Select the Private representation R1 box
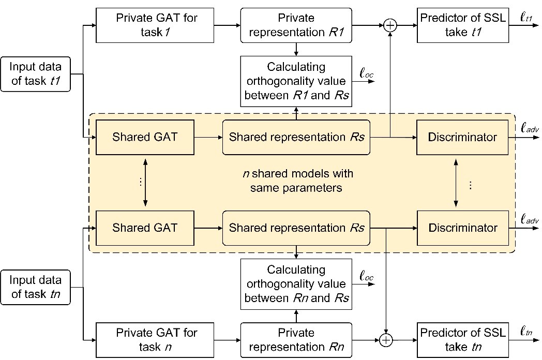click(296, 25)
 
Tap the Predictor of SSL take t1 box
click(462, 25)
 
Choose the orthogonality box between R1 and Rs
click(296, 81)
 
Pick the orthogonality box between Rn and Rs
click(296, 284)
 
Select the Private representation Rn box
click(296, 339)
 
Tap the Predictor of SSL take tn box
click(462, 339)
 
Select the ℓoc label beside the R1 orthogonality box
click(366, 74)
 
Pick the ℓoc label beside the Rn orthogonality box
click(366, 276)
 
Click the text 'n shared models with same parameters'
click(296, 179)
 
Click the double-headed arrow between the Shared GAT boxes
click(144, 182)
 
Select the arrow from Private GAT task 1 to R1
click(228, 25)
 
